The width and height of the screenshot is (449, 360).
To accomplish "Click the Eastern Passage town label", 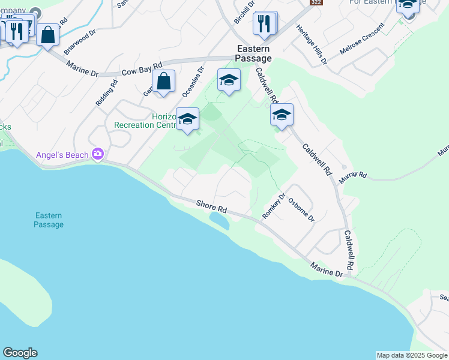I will pyautogui.click(x=253, y=53).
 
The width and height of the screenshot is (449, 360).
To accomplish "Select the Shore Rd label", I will pyautogui.click(x=212, y=208).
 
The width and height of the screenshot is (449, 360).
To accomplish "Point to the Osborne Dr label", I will pyautogui.click(x=301, y=210).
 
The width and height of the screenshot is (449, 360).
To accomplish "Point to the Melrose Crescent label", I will pyautogui.click(x=361, y=40).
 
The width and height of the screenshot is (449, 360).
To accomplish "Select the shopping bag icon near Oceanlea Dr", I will pyautogui.click(x=163, y=81).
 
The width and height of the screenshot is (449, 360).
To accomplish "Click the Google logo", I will pyautogui.click(x=20, y=353).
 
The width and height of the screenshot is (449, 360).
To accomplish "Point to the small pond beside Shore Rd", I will pyautogui.click(x=219, y=221).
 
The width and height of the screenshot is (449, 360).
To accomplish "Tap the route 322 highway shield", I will pyautogui.click(x=315, y=3).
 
